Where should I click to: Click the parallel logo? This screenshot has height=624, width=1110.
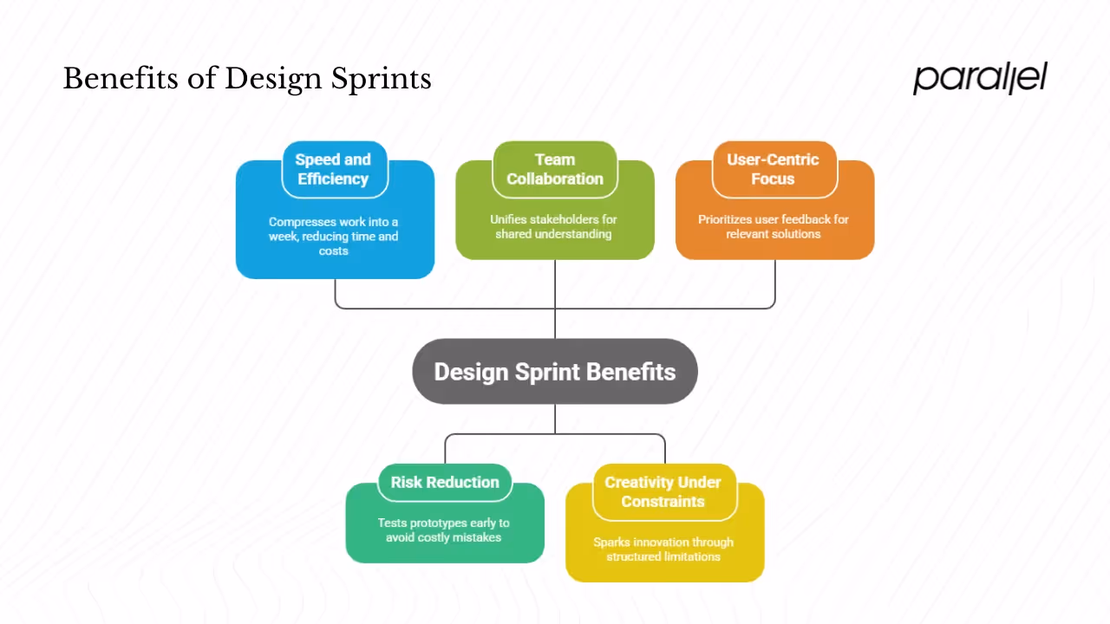pyautogui.click(x=980, y=78)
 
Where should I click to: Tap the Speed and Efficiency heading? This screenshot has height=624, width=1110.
pyautogui.click(x=333, y=169)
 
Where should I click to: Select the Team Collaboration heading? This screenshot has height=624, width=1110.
pyautogui.click(x=555, y=169)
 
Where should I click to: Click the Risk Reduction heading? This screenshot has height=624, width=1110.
pyautogui.click(x=445, y=483)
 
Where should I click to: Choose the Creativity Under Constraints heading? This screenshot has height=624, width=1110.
pyautogui.click(x=663, y=491)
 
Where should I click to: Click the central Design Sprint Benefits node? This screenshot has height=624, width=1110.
pyautogui.click(x=555, y=372)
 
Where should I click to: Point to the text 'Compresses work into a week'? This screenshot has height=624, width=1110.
pyautogui.click(x=333, y=229)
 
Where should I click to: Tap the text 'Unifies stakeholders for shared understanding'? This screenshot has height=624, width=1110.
pyautogui.click(x=555, y=226)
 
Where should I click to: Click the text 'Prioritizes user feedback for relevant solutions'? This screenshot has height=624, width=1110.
pyautogui.click(x=774, y=226)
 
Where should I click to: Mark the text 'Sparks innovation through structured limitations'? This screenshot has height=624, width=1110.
pyautogui.click(x=663, y=549)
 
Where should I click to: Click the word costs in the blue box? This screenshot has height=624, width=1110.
pyautogui.click(x=334, y=251)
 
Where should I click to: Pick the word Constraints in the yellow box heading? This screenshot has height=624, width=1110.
pyautogui.click(x=663, y=502)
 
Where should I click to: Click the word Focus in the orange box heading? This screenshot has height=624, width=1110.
pyautogui.click(x=773, y=179)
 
